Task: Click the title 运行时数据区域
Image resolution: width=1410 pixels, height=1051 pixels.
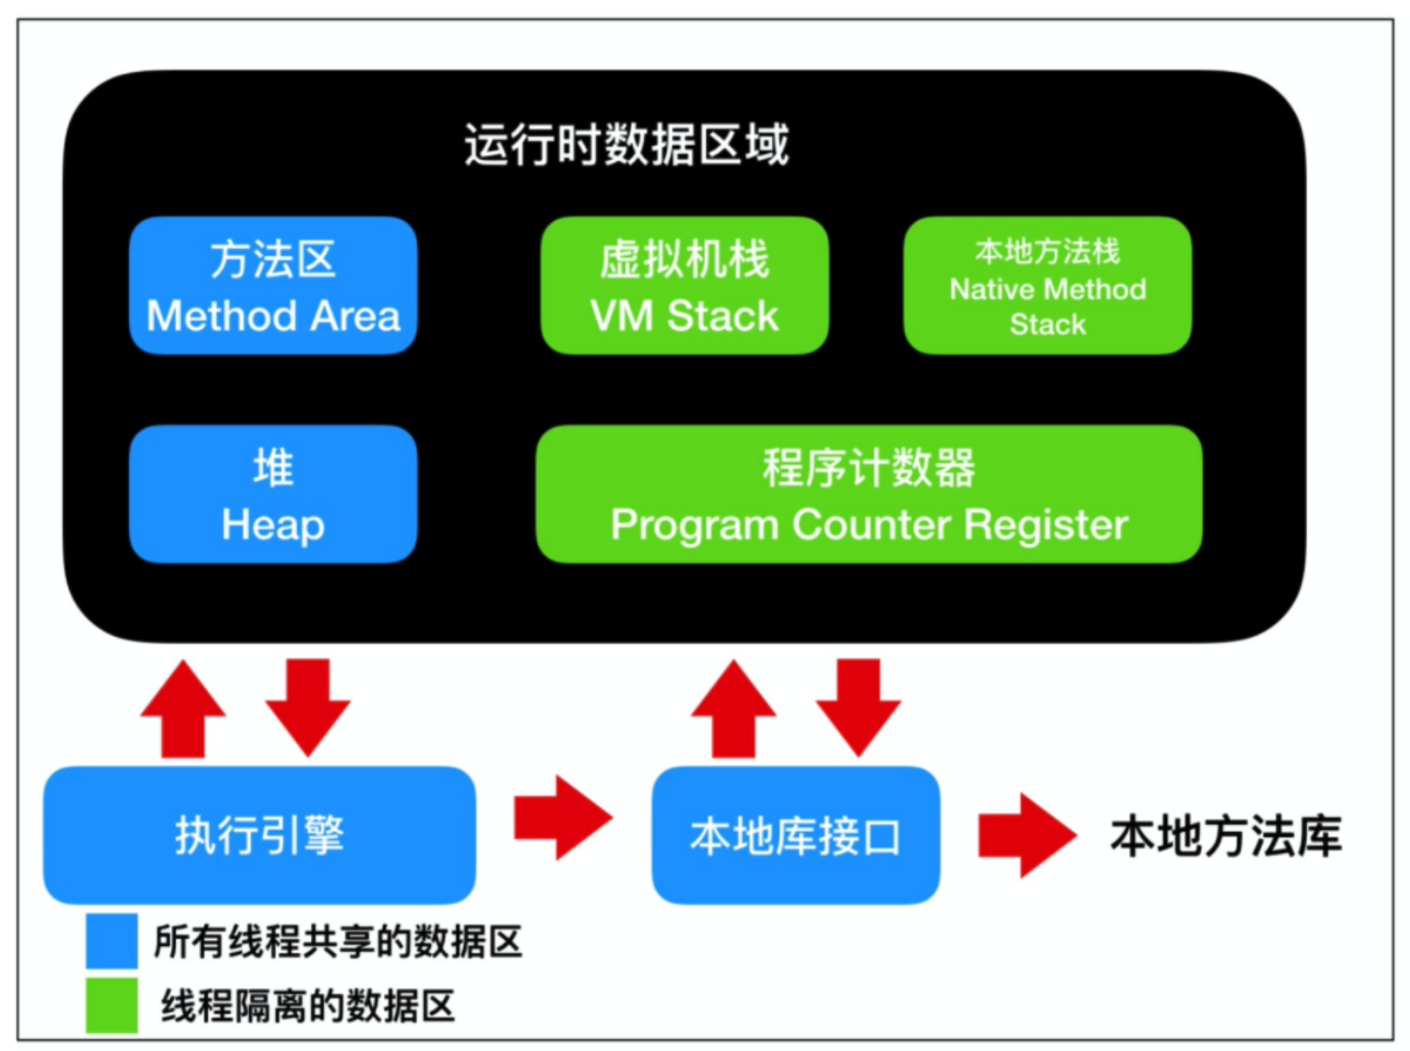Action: point(627,145)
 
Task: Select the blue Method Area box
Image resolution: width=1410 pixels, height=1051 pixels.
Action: point(274,285)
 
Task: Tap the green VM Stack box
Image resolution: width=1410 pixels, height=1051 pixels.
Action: point(685,285)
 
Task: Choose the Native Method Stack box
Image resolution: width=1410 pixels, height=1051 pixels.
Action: point(1048,285)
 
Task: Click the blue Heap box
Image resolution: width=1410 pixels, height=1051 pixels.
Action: point(274,494)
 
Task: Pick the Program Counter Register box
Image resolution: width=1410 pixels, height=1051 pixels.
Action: point(869,494)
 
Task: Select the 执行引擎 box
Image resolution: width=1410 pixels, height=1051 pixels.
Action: point(260,836)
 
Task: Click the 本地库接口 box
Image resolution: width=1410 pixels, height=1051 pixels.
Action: point(796,836)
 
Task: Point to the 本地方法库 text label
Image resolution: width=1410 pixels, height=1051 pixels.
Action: point(1227,836)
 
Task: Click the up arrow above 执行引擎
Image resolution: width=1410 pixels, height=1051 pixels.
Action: point(183,709)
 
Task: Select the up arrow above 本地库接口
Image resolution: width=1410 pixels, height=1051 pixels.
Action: point(733,709)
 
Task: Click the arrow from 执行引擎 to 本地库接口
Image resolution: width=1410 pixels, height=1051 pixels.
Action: point(564,818)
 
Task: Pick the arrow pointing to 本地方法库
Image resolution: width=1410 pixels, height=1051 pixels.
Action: point(1028,836)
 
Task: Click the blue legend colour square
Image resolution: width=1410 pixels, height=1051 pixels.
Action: point(112,940)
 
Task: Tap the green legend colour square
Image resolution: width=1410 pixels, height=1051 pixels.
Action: point(112,1005)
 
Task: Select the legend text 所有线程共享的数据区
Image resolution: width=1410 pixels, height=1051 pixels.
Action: point(338,942)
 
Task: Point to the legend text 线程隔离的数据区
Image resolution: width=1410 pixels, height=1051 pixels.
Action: point(307,1006)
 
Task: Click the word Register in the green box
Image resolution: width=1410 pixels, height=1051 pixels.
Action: point(1046,525)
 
